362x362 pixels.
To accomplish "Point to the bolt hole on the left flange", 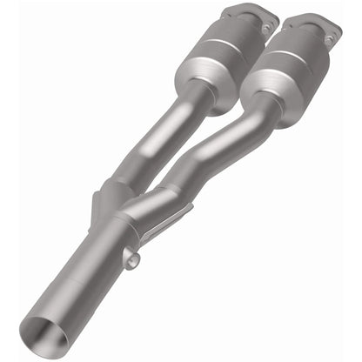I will coord(265,30).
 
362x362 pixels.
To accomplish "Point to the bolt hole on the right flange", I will coord(328,40).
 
